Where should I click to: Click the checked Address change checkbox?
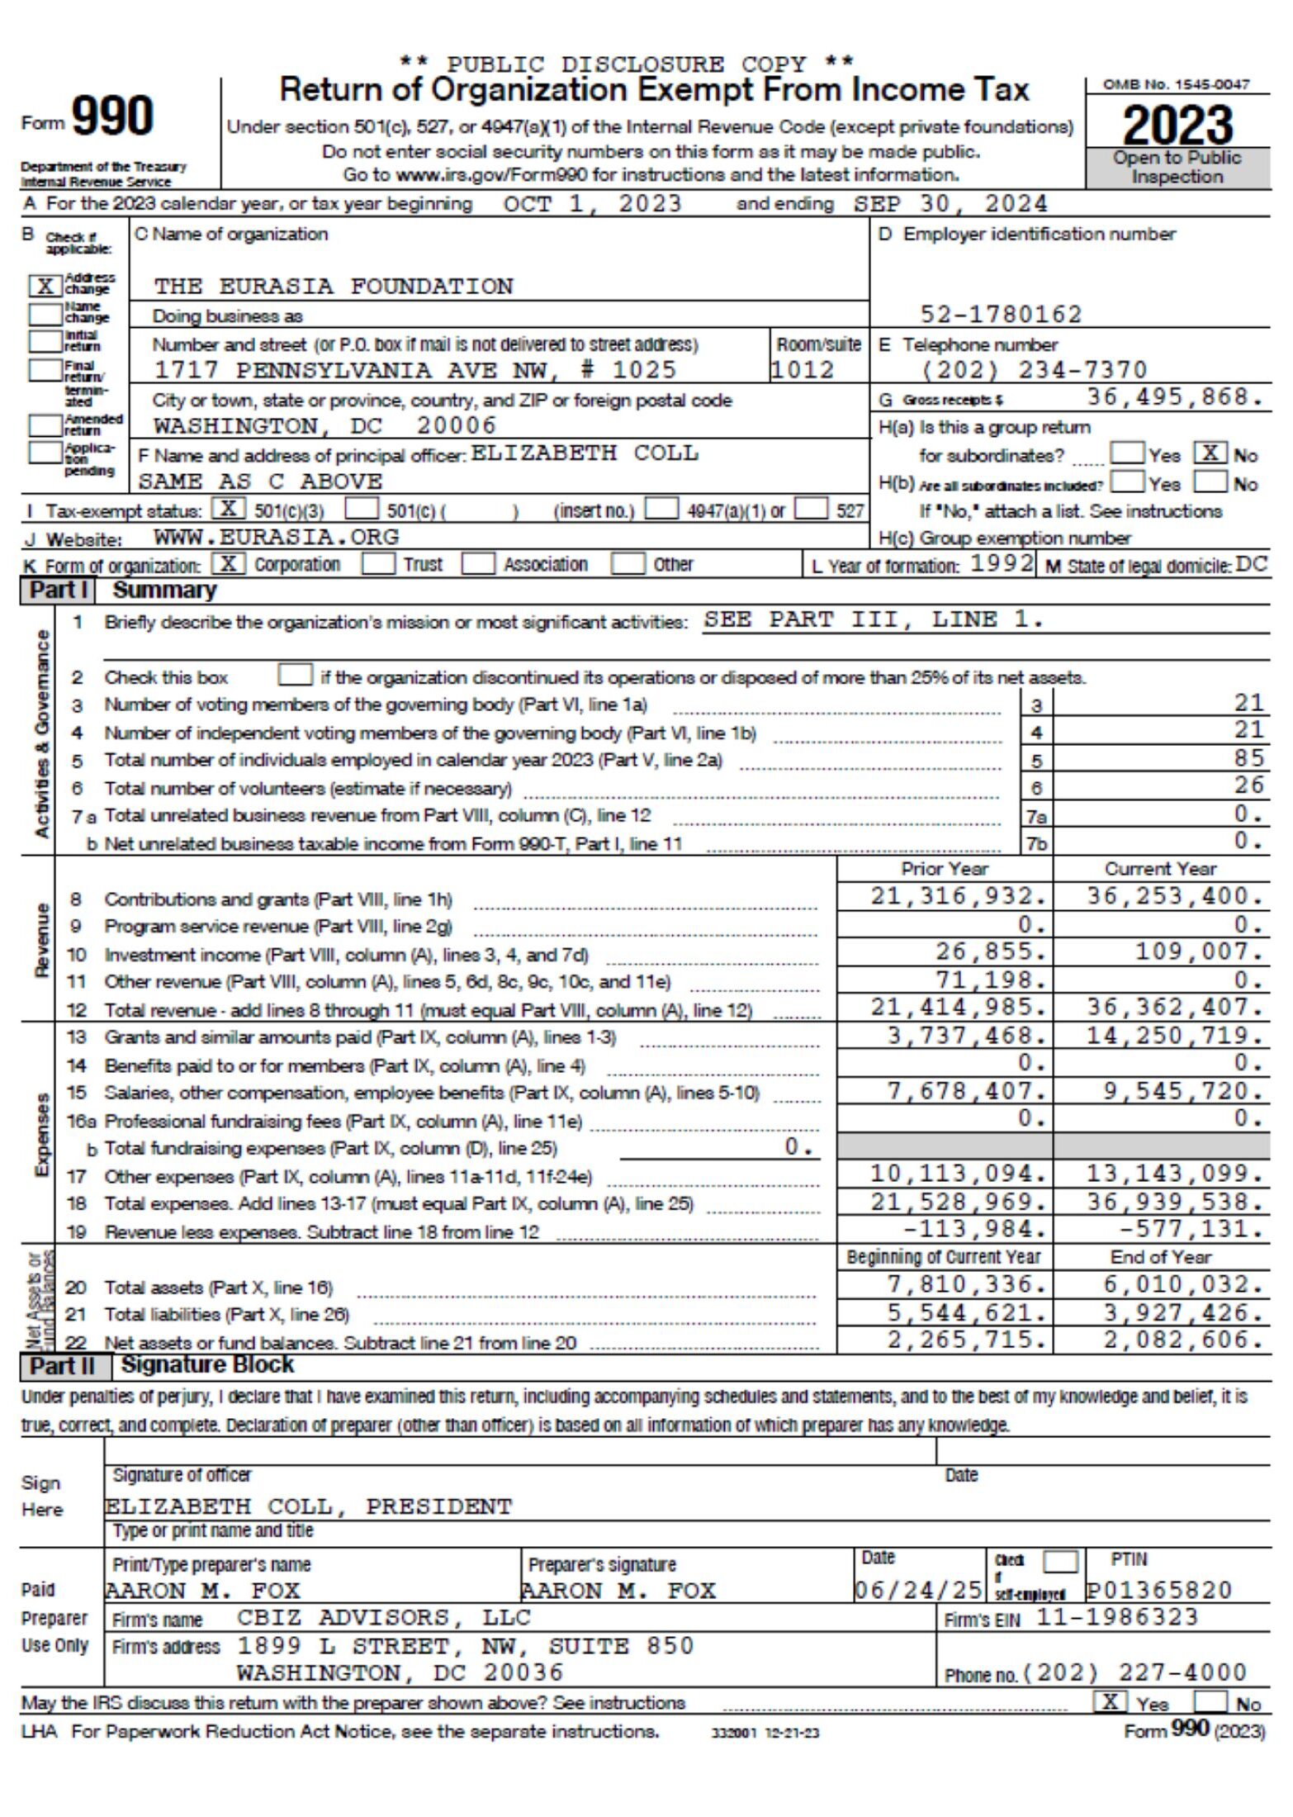45,286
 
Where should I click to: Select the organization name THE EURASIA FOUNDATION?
333,287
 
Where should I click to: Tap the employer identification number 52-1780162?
1001,314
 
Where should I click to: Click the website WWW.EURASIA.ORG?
277,537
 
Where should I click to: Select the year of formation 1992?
1001,563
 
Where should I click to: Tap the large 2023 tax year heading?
1177,125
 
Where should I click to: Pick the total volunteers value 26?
1248,785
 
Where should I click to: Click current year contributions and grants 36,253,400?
1174,896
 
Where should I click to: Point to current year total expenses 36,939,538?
1174,1202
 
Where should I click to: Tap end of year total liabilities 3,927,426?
1182,1312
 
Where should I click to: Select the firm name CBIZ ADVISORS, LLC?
384,1617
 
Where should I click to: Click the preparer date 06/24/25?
917,1590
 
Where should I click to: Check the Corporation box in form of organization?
229,563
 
